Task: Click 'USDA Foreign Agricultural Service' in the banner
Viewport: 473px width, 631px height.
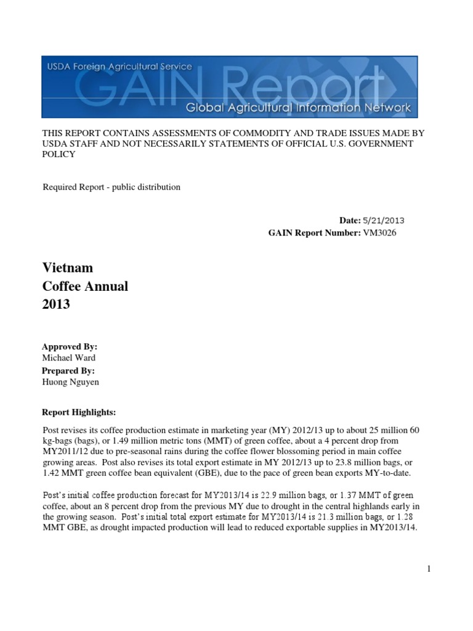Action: (x=117, y=67)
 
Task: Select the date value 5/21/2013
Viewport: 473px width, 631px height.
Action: (x=384, y=220)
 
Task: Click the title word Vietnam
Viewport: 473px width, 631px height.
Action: (x=68, y=268)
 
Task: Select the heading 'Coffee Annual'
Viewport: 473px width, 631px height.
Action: (x=85, y=287)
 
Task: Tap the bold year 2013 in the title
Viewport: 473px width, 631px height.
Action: (x=56, y=304)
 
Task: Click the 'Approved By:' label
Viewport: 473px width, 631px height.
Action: (x=70, y=347)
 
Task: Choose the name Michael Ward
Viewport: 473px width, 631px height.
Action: (x=69, y=358)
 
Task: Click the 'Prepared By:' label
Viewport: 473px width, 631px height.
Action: (x=68, y=370)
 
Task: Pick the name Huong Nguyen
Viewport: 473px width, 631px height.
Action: (x=71, y=382)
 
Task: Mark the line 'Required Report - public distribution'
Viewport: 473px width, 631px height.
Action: (x=111, y=187)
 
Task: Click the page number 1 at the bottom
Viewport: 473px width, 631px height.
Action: (x=427, y=569)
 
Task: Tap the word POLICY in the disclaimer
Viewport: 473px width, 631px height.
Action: (x=59, y=155)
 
